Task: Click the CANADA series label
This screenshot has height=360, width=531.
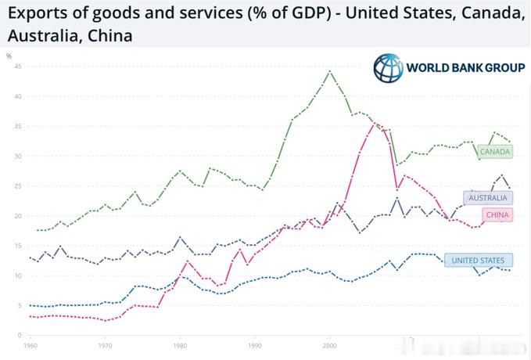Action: tap(494, 151)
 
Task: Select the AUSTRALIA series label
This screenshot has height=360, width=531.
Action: tap(487, 198)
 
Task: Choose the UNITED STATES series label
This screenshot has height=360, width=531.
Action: tap(479, 261)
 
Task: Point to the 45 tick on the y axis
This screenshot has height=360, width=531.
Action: tap(17, 67)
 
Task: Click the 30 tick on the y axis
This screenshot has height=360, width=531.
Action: tap(17, 157)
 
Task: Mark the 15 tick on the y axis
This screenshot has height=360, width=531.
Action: tap(17, 246)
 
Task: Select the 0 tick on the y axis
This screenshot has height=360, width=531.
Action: tap(19, 335)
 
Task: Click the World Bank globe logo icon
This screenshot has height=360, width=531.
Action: tap(388, 68)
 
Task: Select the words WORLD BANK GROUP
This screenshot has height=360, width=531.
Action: tap(465, 68)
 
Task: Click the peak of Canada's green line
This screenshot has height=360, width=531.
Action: tap(329, 71)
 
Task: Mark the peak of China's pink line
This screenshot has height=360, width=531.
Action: tap(375, 122)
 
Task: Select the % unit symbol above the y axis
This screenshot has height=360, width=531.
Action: tap(9, 56)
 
